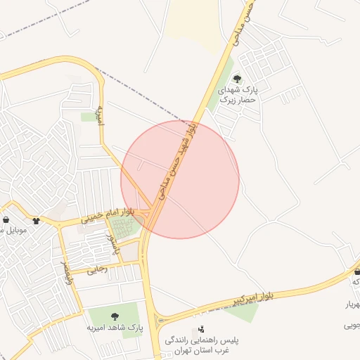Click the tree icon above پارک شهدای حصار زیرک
point(237,79)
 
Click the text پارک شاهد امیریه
point(115,328)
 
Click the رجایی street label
point(96,268)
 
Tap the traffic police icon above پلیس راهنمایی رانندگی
point(202,329)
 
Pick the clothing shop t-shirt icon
point(36,220)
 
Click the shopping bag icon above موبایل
point(6,219)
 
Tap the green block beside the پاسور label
point(122,227)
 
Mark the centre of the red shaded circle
point(180,179)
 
